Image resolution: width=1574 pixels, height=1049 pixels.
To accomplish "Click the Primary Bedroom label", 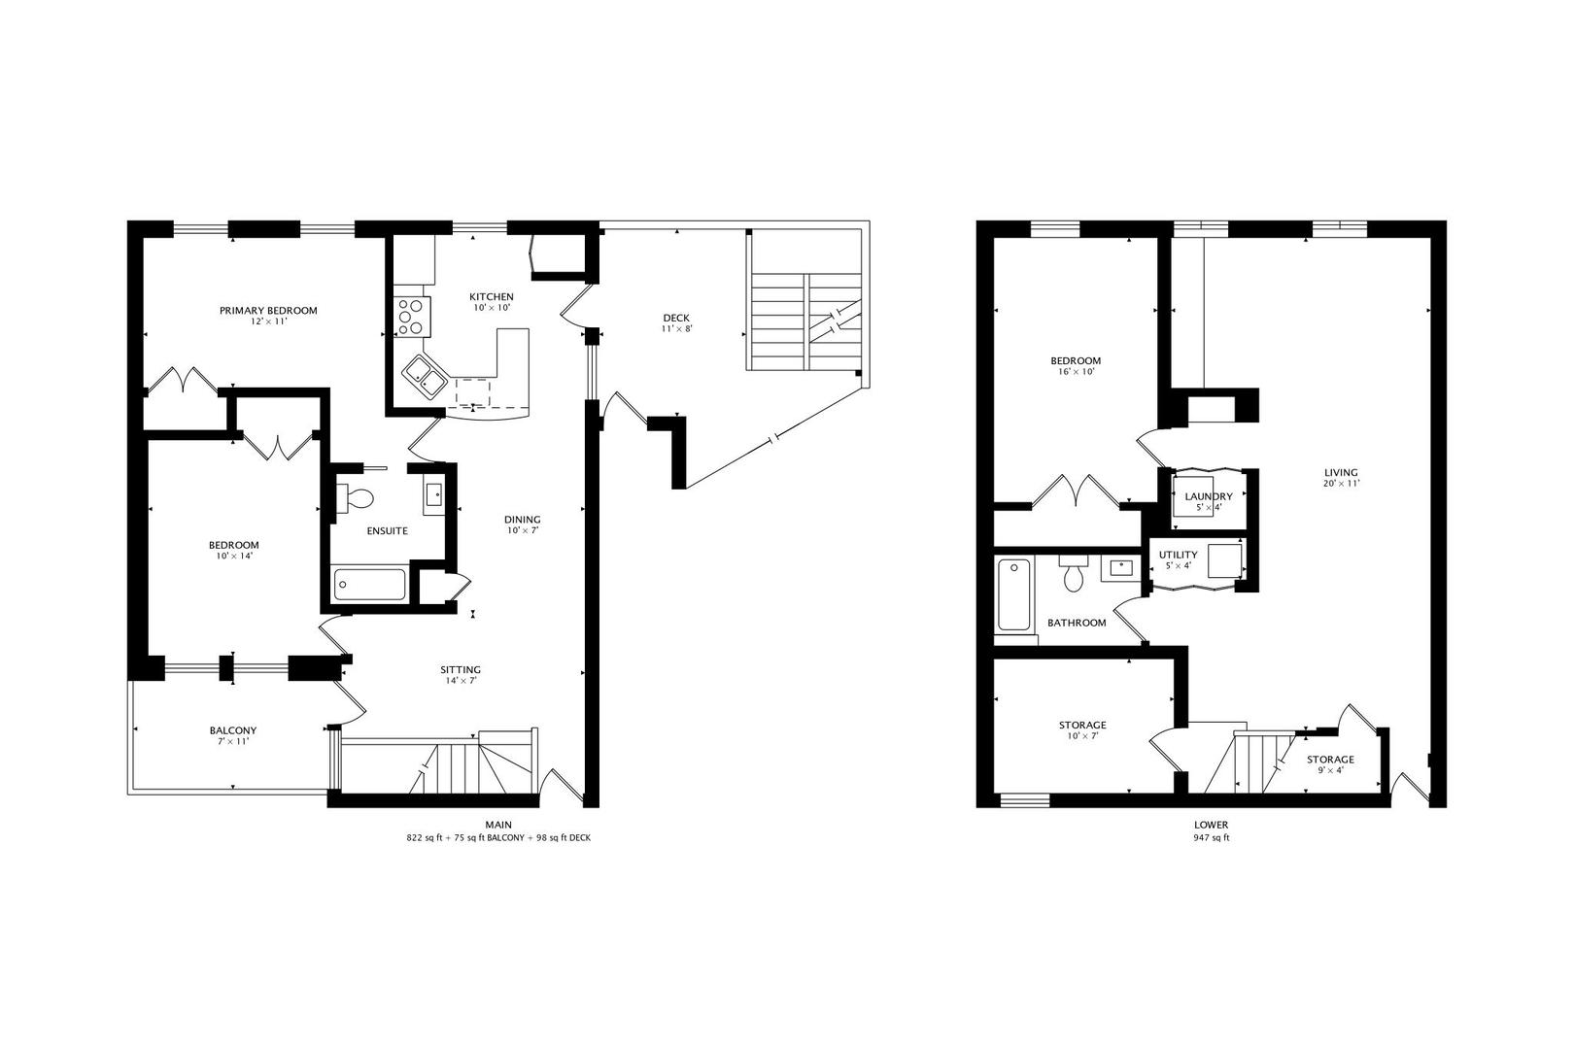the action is click(268, 311).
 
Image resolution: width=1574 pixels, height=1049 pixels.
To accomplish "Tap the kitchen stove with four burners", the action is click(413, 317).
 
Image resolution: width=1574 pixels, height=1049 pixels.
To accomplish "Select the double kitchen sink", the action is click(425, 377).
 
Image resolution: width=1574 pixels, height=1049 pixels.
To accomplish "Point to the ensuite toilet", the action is click(356, 498).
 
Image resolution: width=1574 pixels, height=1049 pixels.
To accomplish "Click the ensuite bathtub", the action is click(369, 585).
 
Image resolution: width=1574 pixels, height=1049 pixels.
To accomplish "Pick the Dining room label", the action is click(522, 520).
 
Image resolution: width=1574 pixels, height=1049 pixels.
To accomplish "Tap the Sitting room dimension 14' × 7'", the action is click(461, 680).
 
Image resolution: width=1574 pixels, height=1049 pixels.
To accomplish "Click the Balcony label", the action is click(233, 730).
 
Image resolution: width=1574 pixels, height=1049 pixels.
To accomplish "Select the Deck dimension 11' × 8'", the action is click(676, 328).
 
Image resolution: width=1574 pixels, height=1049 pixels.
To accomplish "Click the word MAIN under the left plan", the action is click(498, 825).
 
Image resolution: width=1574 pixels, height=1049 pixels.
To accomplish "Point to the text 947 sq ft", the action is click(1212, 837).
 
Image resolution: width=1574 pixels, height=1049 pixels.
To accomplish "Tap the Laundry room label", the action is click(1209, 496).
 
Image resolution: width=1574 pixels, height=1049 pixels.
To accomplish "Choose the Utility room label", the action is click(1179, 555).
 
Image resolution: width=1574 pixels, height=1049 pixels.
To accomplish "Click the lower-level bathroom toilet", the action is click(1073, 573).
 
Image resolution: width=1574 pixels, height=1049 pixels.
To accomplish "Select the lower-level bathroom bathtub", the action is click(1014, 594).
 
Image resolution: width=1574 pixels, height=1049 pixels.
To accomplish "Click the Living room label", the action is click(1341, 473).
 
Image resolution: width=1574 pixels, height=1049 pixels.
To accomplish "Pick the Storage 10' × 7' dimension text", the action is click(1082, 735).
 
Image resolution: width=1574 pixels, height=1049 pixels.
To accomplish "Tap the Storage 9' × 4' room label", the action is click(1330, 760).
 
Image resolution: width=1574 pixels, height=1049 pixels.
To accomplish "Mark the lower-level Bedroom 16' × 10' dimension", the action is click(1076, 372).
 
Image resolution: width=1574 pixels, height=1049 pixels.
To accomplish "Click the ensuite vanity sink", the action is click(434, 494).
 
